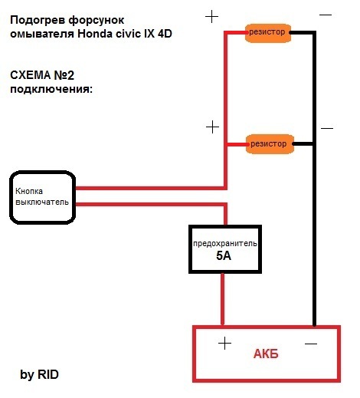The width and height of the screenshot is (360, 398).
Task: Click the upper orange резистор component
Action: click(x=268, y=33)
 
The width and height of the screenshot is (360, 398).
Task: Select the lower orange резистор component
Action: click(x=270, y=144)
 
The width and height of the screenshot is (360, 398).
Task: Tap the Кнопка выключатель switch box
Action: click(x=42, y=197)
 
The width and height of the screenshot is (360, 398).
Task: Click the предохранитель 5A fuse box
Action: click(x=225, y=249)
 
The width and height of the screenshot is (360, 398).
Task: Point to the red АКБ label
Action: click(x=266, y=354)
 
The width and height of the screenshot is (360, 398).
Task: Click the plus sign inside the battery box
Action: click(x=225, y=343)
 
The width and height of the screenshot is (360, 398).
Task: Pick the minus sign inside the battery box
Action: click(x=311, y=344)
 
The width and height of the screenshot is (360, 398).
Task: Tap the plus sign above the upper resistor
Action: click(x=212, y=17)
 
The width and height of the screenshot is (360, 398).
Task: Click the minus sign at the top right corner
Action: click(x=326, y=15)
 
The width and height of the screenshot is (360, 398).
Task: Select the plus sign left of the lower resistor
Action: click(x=212, y=127)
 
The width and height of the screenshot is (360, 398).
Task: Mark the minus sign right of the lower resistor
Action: click(x=327, y=128)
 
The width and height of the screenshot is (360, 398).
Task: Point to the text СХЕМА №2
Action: click(x=42, y=75)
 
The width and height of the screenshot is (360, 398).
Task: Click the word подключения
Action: click(x=51, y=90)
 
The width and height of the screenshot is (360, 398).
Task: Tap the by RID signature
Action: click(x=39, y=374)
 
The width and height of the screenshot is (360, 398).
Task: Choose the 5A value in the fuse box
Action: click(x=224, y=255)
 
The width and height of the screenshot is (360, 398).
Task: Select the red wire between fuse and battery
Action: click(x=222, y=299)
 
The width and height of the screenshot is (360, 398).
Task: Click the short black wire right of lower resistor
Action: click(x=303, y=144)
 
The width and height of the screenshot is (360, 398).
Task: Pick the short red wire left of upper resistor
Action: click(x=235, y=33)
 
